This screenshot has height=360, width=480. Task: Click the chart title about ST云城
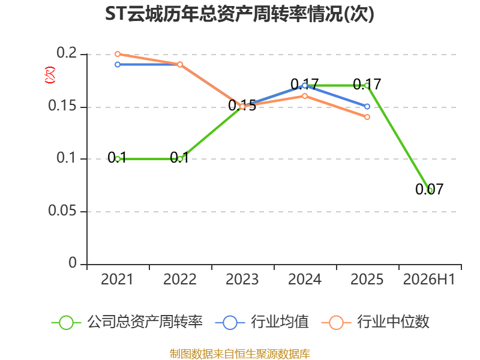(239, 14)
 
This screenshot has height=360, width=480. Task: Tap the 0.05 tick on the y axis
(62, 211)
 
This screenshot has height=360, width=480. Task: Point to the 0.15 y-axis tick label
(62, 106)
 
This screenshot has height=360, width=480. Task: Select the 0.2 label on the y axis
(67, 53)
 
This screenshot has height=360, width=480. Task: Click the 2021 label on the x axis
(117, 280)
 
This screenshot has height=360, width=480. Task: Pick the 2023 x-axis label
(242, 280)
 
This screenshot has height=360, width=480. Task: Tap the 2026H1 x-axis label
(429, 280)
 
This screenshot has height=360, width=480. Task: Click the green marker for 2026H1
(430, 190)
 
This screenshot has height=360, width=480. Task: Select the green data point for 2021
(118, 159)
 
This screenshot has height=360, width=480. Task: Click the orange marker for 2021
(118, 54)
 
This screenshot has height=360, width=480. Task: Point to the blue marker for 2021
(118, 65)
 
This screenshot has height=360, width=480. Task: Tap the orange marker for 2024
(305, 96)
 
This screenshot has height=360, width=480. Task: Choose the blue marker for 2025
(367, 107)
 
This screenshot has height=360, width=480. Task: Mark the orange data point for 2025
(367, 117)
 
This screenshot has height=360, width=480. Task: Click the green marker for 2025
(367, 85)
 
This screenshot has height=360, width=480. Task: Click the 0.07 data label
(429, 189)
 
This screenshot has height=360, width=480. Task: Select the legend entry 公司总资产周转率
(127, 322)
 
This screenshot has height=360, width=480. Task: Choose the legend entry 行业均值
(262, 322)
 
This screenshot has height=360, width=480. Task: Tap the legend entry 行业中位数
(376, 322)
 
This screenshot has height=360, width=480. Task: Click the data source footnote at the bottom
(240, 354)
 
